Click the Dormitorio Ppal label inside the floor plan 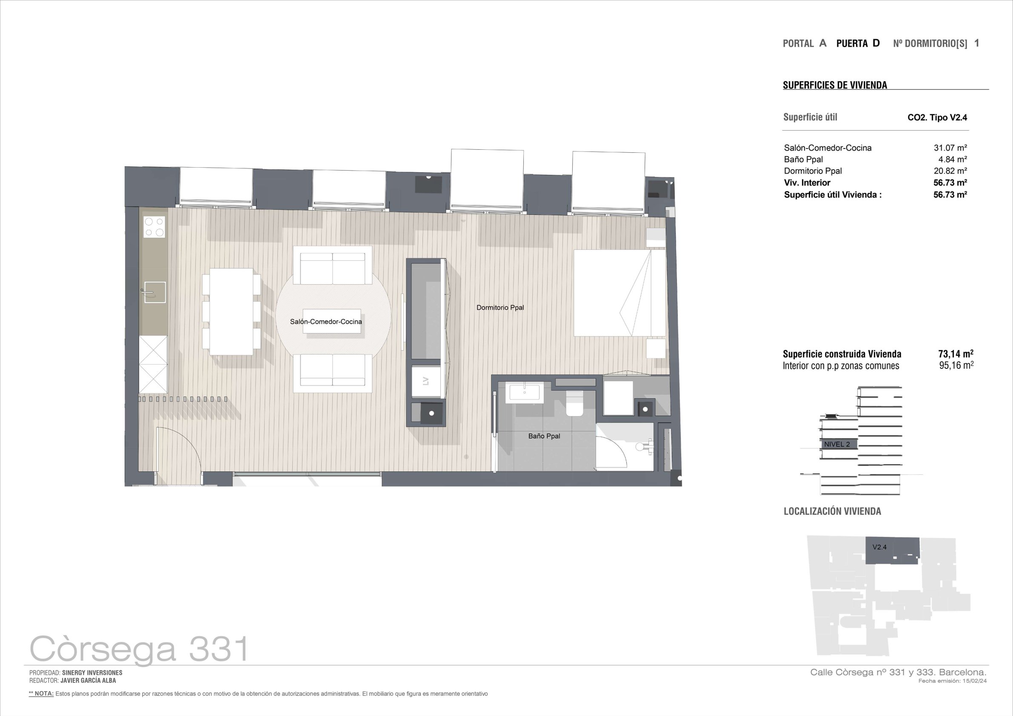point(500,308)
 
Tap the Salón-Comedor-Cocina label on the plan point(325,322)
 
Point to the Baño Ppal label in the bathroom point(544,436)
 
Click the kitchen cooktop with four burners point(154,227)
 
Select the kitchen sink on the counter point(154,292)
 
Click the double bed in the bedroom point(619,293)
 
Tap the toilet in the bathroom point(574,404)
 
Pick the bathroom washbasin point(525,393)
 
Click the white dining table point(231,311)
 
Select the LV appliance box point(426,381)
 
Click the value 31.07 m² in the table point(950,148)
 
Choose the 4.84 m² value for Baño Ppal point(953,159)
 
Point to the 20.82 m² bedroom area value point(950,171)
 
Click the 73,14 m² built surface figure point(956,354)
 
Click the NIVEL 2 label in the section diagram point(837,444)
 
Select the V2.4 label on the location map point(879,547)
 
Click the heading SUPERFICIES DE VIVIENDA point(835,85)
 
